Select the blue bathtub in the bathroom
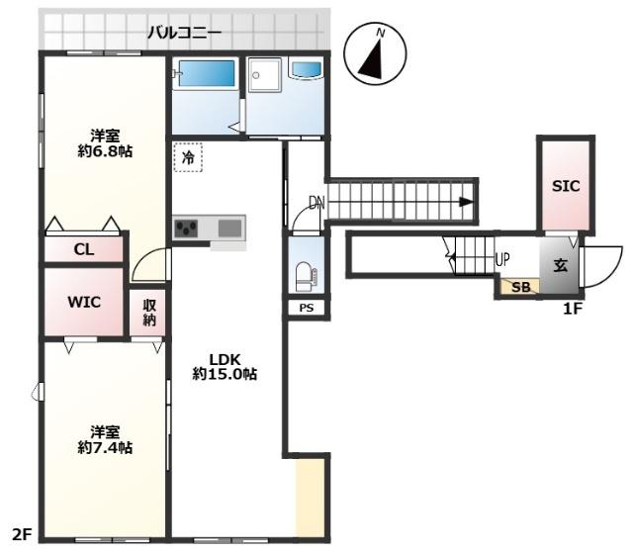(x=205, y=74)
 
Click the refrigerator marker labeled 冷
(x=187, y=156)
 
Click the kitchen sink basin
(x=229, y=229)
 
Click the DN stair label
(x=316, y=204)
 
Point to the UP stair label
(x=502, y=260)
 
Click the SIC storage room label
(x=566, y=185)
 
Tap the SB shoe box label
(x=519, y=287)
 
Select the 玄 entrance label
(x=559, y=265)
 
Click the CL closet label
(x=84, y=250)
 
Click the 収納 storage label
(x=148, y=314)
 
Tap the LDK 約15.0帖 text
(x=226, y=366)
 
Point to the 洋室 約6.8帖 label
(x=105, y=142)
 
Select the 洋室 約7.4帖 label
(x=105, y=439)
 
